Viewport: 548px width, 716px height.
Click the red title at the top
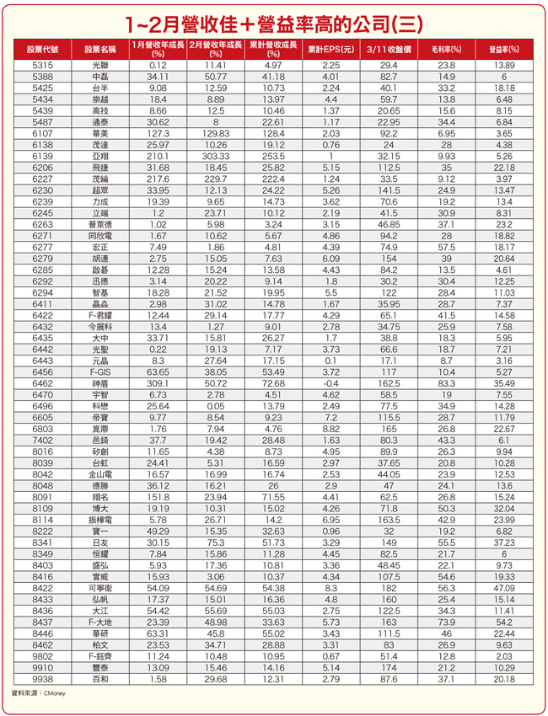(x=274, y=20)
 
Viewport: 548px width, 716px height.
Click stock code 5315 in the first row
(x=41, y=65)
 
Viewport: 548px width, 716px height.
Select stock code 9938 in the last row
(x=41, y=678)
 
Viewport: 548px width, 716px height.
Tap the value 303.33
(x=216, y=155)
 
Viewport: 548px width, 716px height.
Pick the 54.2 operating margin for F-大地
(x=504, y=622)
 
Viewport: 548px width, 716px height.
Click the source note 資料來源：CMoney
(x=38, y=692)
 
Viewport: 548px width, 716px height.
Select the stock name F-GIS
(x=99, y=371)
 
